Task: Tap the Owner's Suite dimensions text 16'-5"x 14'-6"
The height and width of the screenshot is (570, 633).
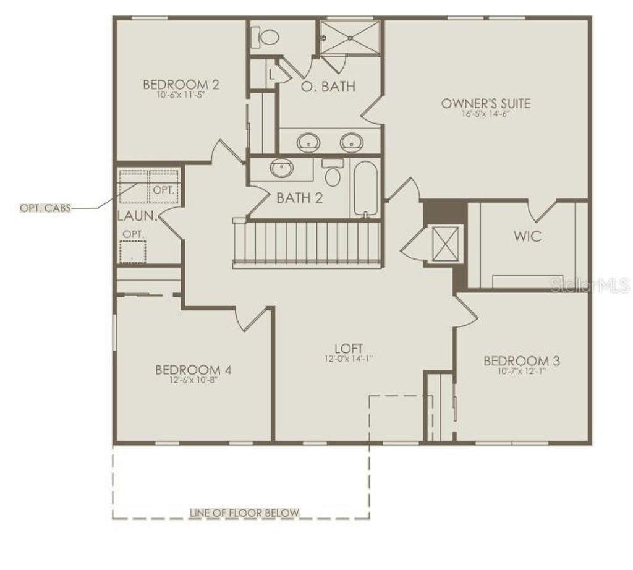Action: tap(485, 114)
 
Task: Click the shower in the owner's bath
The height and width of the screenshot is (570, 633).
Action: tap(350, 38)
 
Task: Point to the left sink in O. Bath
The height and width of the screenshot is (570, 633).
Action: tap(307, 142)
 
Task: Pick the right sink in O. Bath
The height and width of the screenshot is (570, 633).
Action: tap(352, 142)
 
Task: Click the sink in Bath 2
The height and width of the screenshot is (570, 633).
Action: tap(283, 167)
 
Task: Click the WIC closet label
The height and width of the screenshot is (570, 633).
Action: tap(527, 236)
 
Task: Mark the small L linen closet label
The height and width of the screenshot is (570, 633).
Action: tap(272, 74)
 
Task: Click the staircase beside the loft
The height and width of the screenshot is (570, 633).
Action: tap(307, 243)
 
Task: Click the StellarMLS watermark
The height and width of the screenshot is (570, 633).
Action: tap(591, 286)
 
